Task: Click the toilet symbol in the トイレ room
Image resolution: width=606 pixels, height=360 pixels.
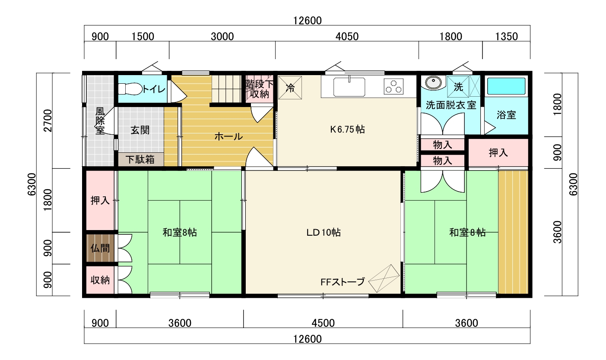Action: pos(130,89)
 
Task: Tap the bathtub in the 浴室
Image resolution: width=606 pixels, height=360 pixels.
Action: pos(506,86)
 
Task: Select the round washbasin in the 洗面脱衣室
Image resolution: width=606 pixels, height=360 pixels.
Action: pos(433,82)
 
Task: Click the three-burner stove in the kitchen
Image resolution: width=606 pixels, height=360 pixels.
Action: pos(393,86)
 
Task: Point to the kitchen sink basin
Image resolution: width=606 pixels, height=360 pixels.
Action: pos(349,87)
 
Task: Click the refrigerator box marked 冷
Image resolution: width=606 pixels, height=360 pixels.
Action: pos(290,88)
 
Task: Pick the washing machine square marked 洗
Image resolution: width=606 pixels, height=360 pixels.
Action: pos(458,86)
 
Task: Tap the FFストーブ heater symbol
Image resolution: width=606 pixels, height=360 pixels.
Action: pos(384,278)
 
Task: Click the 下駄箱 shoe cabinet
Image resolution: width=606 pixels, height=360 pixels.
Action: pos(141,159)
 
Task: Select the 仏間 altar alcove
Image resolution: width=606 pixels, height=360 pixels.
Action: pos(100,248)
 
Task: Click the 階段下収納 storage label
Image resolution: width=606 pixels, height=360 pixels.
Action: pos(259,89)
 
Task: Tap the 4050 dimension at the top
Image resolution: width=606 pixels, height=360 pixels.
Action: pos(347,37)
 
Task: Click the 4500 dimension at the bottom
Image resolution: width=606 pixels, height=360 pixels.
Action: pos(323,323)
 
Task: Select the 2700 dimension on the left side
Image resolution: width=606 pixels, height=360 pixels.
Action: pos(48,120)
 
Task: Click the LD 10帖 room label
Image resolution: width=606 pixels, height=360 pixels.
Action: pos(323,232)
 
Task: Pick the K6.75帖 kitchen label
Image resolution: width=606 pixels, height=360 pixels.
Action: pos(347,129)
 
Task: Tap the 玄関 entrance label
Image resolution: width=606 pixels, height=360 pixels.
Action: pos(140,130)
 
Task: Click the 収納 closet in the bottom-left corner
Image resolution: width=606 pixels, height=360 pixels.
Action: pos(100,280)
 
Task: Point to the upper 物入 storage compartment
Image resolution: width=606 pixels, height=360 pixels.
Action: pos(443,145)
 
